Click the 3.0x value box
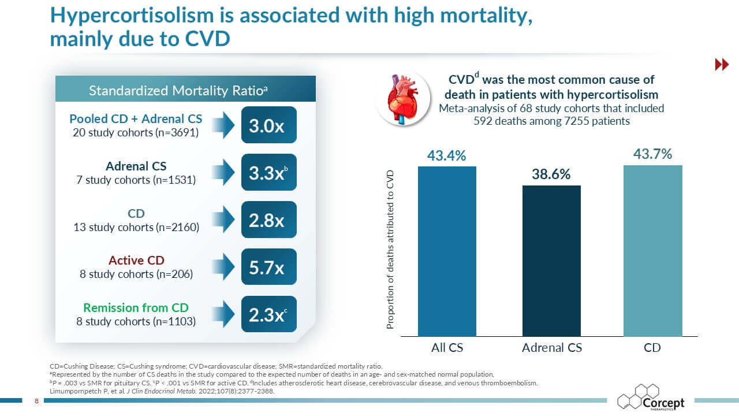[268, 125]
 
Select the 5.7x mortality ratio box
[268, 267]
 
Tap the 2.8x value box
[268, 220]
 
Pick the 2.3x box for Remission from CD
[268, 314]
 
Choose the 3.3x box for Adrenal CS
[268, 172]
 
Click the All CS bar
[447, 251]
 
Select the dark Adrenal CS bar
[551, 261]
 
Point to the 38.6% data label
[551, 174]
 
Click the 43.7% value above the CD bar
[653, 154]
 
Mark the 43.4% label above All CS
[447, 156]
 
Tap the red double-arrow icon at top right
[722, 65]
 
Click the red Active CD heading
[136, 261]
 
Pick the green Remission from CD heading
[136, 308]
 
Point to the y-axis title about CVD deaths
[390, 250]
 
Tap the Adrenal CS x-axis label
[552, 348]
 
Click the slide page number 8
[36, 400]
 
